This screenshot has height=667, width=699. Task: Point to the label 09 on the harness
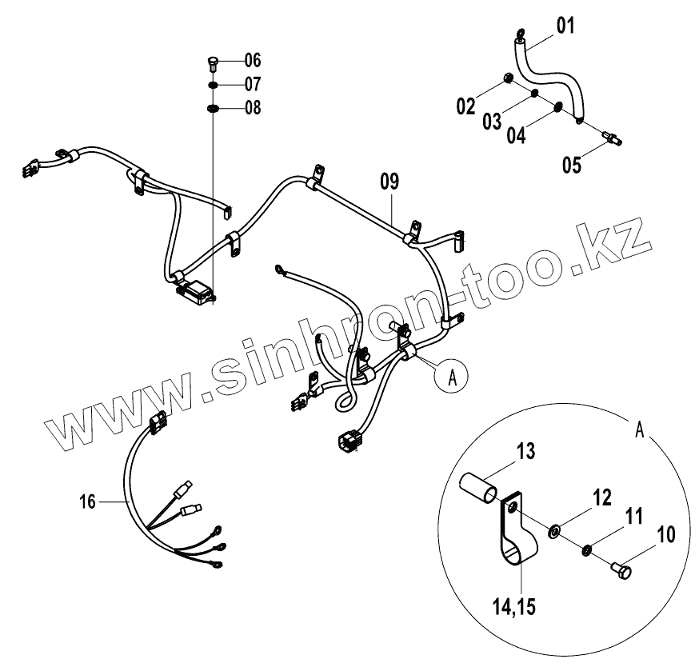389,182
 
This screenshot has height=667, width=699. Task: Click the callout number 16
88,501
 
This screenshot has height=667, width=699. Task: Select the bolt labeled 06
214,62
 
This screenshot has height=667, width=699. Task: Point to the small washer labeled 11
586,549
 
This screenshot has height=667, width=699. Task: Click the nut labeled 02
508,78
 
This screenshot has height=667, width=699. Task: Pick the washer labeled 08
214,108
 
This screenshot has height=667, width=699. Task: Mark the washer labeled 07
214,85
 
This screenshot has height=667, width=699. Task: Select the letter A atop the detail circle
639,429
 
